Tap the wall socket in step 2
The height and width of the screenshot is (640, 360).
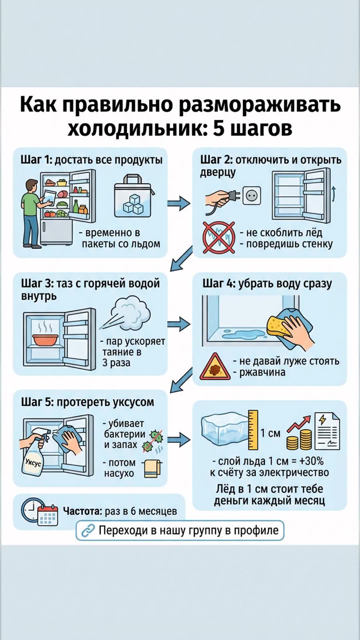(252, 196)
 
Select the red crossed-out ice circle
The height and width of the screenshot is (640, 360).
(219, 237)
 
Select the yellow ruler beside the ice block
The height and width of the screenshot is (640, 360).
(253, 430)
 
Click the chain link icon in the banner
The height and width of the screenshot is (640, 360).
(88, 530)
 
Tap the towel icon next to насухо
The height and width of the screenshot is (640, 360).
(152, 468)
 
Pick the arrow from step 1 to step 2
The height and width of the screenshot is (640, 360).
(179, 203)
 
